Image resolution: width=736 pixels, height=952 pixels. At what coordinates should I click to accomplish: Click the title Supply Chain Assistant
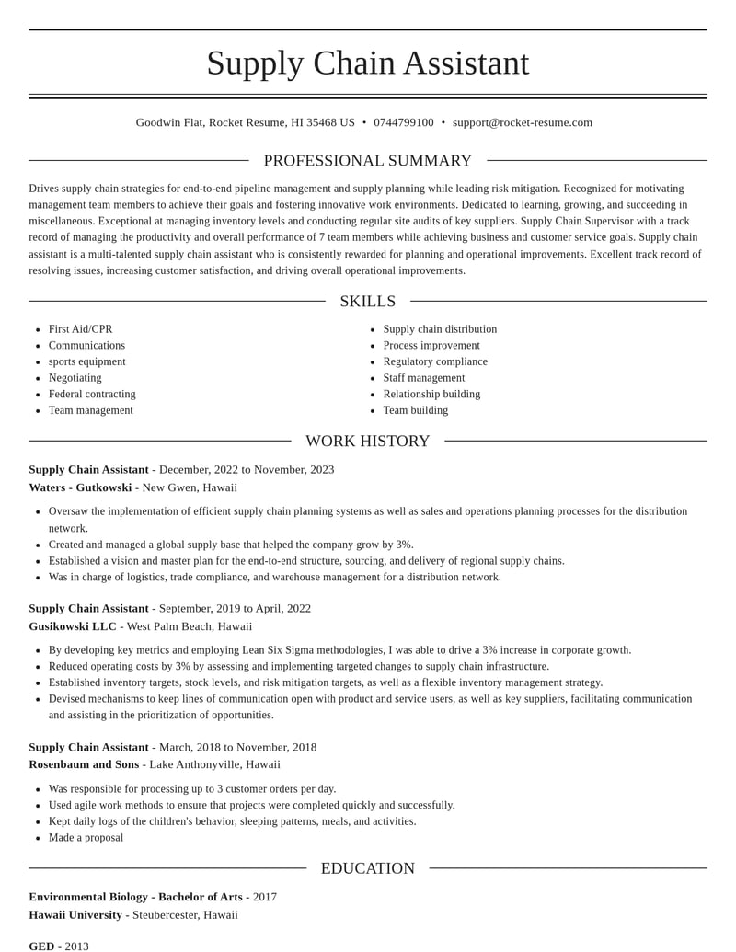click(368, 63)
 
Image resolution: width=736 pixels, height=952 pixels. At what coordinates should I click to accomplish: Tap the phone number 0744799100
click(404, 122)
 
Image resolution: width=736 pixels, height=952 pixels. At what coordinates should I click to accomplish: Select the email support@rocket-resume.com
click(523, 122)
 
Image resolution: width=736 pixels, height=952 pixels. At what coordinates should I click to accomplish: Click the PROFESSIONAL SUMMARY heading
click(368, 161)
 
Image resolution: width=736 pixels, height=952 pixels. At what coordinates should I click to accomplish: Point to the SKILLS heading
click(368, 302)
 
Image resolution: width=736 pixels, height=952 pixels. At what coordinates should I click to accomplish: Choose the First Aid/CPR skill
click(81, 329)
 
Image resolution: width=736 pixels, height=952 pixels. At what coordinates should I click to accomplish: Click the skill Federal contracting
click(92, 394)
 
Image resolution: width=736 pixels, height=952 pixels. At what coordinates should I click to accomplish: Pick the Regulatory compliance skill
click(435, 361)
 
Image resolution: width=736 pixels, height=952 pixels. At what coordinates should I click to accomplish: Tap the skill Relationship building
click(431, 394)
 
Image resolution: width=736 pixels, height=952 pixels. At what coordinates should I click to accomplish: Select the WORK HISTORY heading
click(368, 442)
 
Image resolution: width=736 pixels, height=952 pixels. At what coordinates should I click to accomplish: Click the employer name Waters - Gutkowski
click(80, 487)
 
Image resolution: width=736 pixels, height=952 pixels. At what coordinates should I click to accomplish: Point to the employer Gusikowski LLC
click(73, 626)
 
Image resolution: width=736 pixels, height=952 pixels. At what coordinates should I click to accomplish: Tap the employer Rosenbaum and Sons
click(84, 764)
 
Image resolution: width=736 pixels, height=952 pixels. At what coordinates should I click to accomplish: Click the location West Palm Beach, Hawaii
click(190, 626)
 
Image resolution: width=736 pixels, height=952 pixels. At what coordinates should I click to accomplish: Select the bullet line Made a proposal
click(86, 837)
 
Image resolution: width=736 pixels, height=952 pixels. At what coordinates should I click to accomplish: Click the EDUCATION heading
click(368, 868)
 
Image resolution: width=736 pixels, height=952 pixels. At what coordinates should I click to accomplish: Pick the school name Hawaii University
click(75, 915)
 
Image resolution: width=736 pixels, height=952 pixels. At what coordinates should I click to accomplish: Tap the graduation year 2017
click(265, 897)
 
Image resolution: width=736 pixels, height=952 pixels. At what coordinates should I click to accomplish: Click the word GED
click(41, 946)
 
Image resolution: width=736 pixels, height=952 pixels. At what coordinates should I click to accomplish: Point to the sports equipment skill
click(87, 361)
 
